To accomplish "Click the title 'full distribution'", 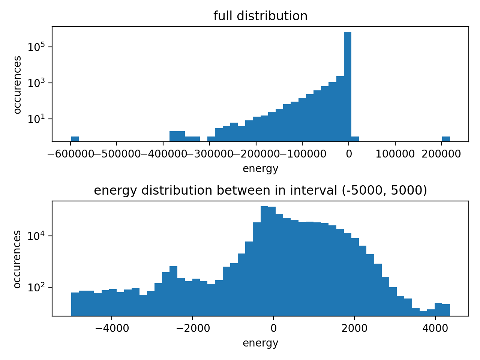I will tap(260, 16).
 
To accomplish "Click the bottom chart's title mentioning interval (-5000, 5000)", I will tap(260, 190).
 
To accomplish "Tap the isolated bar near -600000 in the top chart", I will tap(75, 139).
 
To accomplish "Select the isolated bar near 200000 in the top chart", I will tap(446, 139).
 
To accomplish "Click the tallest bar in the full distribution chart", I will tap(348, 86).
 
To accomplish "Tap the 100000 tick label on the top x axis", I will tap(395, 154).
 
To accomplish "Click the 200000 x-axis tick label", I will tap(441, 154).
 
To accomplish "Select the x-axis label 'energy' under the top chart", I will tap(260, 169).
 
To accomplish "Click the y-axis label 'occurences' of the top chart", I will tap(17, 84).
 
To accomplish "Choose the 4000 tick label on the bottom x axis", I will tap(435, 328).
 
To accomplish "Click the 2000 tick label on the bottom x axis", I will tap(354, 328).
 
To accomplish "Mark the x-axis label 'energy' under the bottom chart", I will tap(260, 343).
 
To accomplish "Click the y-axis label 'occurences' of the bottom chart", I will tap(17, 259).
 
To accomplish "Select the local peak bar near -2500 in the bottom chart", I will tap(173, 291).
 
